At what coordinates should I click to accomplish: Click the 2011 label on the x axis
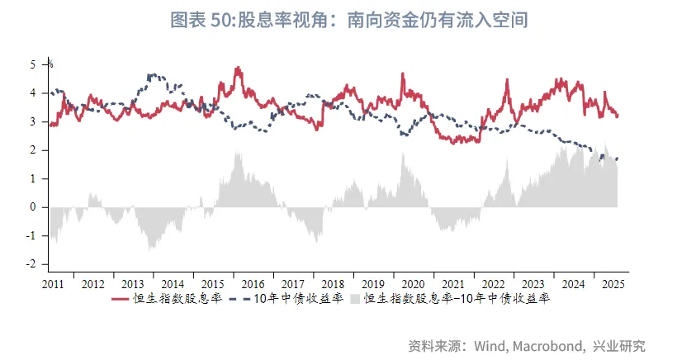click(53, 284)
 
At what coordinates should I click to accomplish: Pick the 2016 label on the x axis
click(254, 284)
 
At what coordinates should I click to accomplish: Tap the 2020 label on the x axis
click(414, 284)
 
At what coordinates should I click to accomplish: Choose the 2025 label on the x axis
click(613, 284)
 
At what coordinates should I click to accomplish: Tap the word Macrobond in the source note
click(547, 345)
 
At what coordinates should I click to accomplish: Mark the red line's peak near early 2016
click(238, 68)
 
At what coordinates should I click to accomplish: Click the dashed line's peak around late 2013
click(152, 74)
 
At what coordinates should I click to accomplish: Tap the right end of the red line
click(617, 116)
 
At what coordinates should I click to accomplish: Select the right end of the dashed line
click(617, 159)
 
